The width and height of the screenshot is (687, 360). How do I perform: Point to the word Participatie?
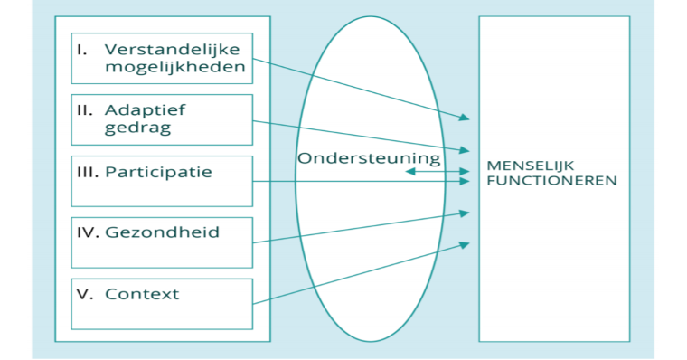(158, 171)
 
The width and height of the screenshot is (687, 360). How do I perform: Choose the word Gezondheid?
(162, 232)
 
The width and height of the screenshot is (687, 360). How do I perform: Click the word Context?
(142, 293)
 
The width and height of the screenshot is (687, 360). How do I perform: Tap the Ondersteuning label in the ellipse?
(369, 158)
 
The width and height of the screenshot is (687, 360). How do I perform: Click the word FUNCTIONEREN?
(551, 181)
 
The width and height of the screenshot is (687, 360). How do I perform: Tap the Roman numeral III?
(88, 171)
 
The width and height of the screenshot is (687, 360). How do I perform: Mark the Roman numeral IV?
(88, 232)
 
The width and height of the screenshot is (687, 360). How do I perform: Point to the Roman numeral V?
(82, 293)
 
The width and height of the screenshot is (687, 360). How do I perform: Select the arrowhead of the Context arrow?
(466, 243)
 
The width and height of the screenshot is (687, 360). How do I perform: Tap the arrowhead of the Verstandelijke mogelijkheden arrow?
(466, 118)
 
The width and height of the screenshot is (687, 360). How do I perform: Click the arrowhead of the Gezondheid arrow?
(466, 213)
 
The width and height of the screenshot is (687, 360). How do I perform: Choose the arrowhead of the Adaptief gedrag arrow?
(466, 149)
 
